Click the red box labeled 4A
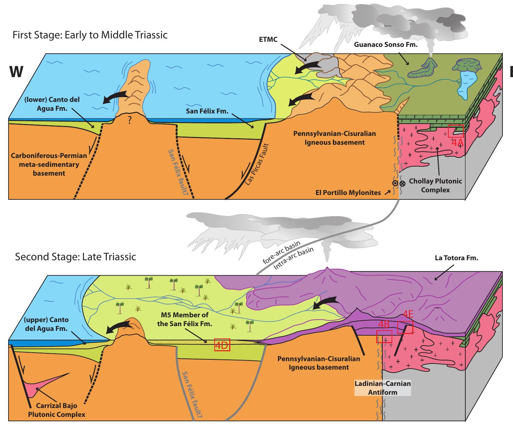pos(456,131)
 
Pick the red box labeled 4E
pos(405,327)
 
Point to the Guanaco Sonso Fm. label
pos(385,45)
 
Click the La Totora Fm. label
pos(457,258)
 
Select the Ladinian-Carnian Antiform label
pos(383,388)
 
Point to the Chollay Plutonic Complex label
pos(435,185)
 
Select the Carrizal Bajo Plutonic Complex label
pos(56,410)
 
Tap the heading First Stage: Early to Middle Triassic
pos(90,35)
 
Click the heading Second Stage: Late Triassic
pos(76,256)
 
